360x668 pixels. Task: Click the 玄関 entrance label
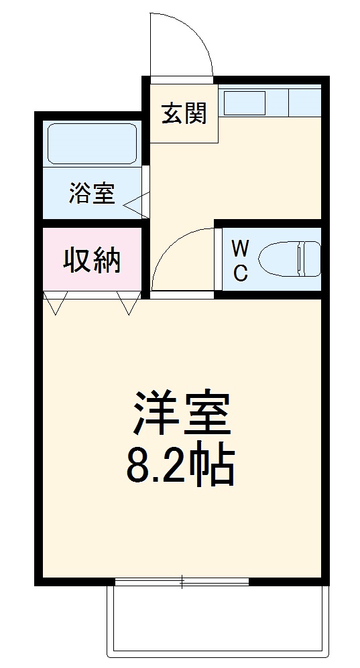183,114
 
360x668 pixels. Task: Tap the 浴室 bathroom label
91,194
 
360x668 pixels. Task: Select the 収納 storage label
92,261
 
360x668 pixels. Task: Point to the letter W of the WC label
240,249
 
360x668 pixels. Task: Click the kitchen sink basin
244,103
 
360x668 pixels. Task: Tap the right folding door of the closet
128,303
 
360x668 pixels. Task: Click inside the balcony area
218,620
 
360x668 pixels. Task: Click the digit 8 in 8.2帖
138,467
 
